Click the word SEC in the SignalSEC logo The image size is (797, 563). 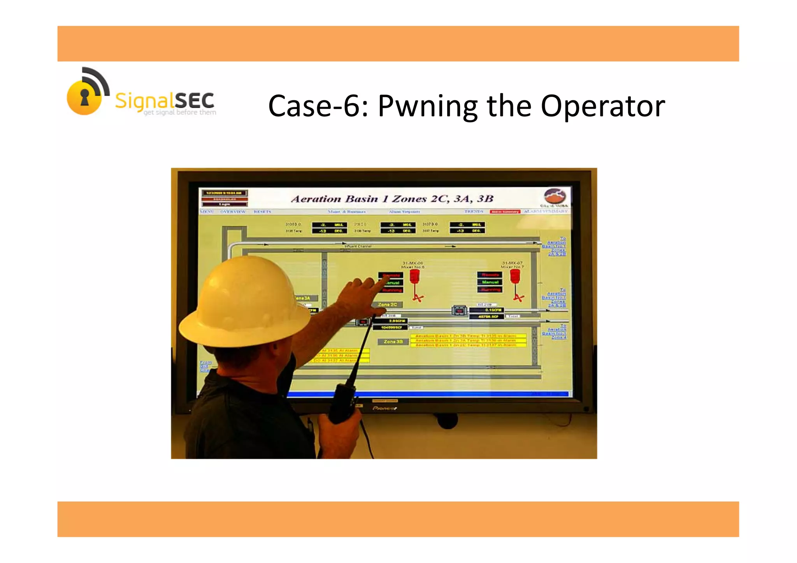[194, 101]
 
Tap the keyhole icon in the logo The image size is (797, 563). [84, 97]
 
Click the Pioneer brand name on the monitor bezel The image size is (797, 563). [384, 408]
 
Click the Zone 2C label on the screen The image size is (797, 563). [387, 304]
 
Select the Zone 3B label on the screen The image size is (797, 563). [393, 342]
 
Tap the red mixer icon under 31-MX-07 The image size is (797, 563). [515, 277]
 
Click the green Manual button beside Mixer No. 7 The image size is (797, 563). [490, 282]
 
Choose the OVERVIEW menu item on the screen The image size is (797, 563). [233, 212]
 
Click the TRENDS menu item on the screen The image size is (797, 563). [474, 212]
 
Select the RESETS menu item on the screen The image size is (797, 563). [262, 212]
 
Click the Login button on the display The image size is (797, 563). [225, 204]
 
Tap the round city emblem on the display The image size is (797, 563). [555, 196]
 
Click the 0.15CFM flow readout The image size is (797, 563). [492, 310]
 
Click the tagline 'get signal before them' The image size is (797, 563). [179, 112]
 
